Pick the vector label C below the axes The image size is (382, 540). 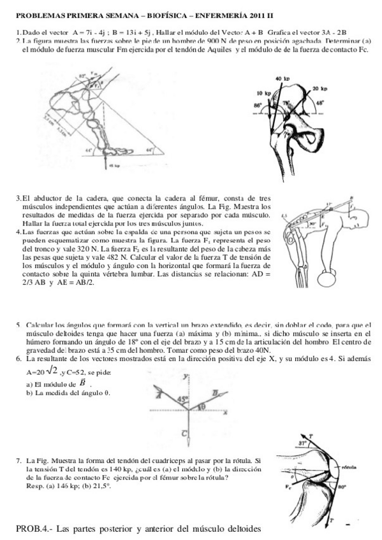point(182,433)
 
